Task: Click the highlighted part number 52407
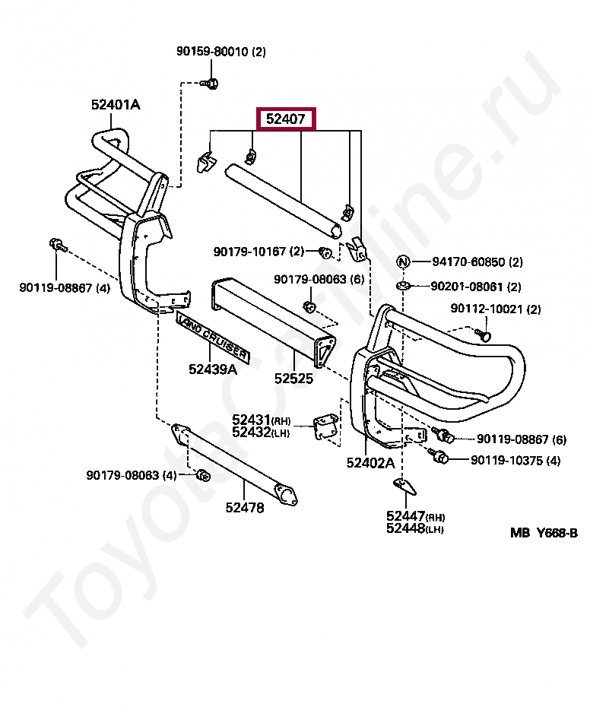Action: click(285, 119)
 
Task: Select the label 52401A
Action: click(116, 105)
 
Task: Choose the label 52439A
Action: click(213, 370)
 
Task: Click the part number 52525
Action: click(293, 377)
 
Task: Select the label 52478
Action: click(245, 508)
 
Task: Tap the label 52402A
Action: click(370, 462)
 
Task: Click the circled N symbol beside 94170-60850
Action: click(403, 262)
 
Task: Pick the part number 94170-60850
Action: click(468, 262)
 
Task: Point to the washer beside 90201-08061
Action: click(404, 286)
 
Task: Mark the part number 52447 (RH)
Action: click(407, 516)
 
